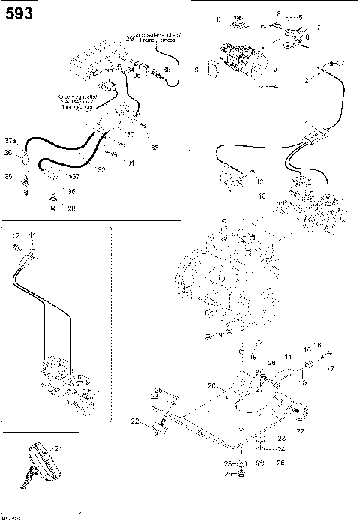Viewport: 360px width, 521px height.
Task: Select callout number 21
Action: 58,448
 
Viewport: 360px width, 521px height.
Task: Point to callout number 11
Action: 31,236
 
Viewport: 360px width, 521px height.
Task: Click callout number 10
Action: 262,196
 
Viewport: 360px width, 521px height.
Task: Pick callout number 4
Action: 275,87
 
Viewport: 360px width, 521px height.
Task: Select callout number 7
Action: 318,28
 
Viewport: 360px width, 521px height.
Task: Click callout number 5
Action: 300,16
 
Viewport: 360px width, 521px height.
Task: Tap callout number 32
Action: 100,171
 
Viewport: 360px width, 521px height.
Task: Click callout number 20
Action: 211,385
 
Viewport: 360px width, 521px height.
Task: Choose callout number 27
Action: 260,389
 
